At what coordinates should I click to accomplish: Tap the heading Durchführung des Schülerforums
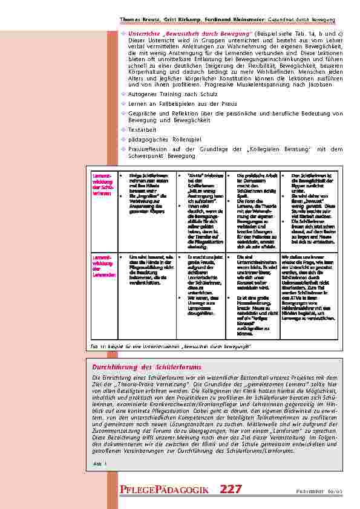[146, 367]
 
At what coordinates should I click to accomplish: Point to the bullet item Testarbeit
[142, 129]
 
